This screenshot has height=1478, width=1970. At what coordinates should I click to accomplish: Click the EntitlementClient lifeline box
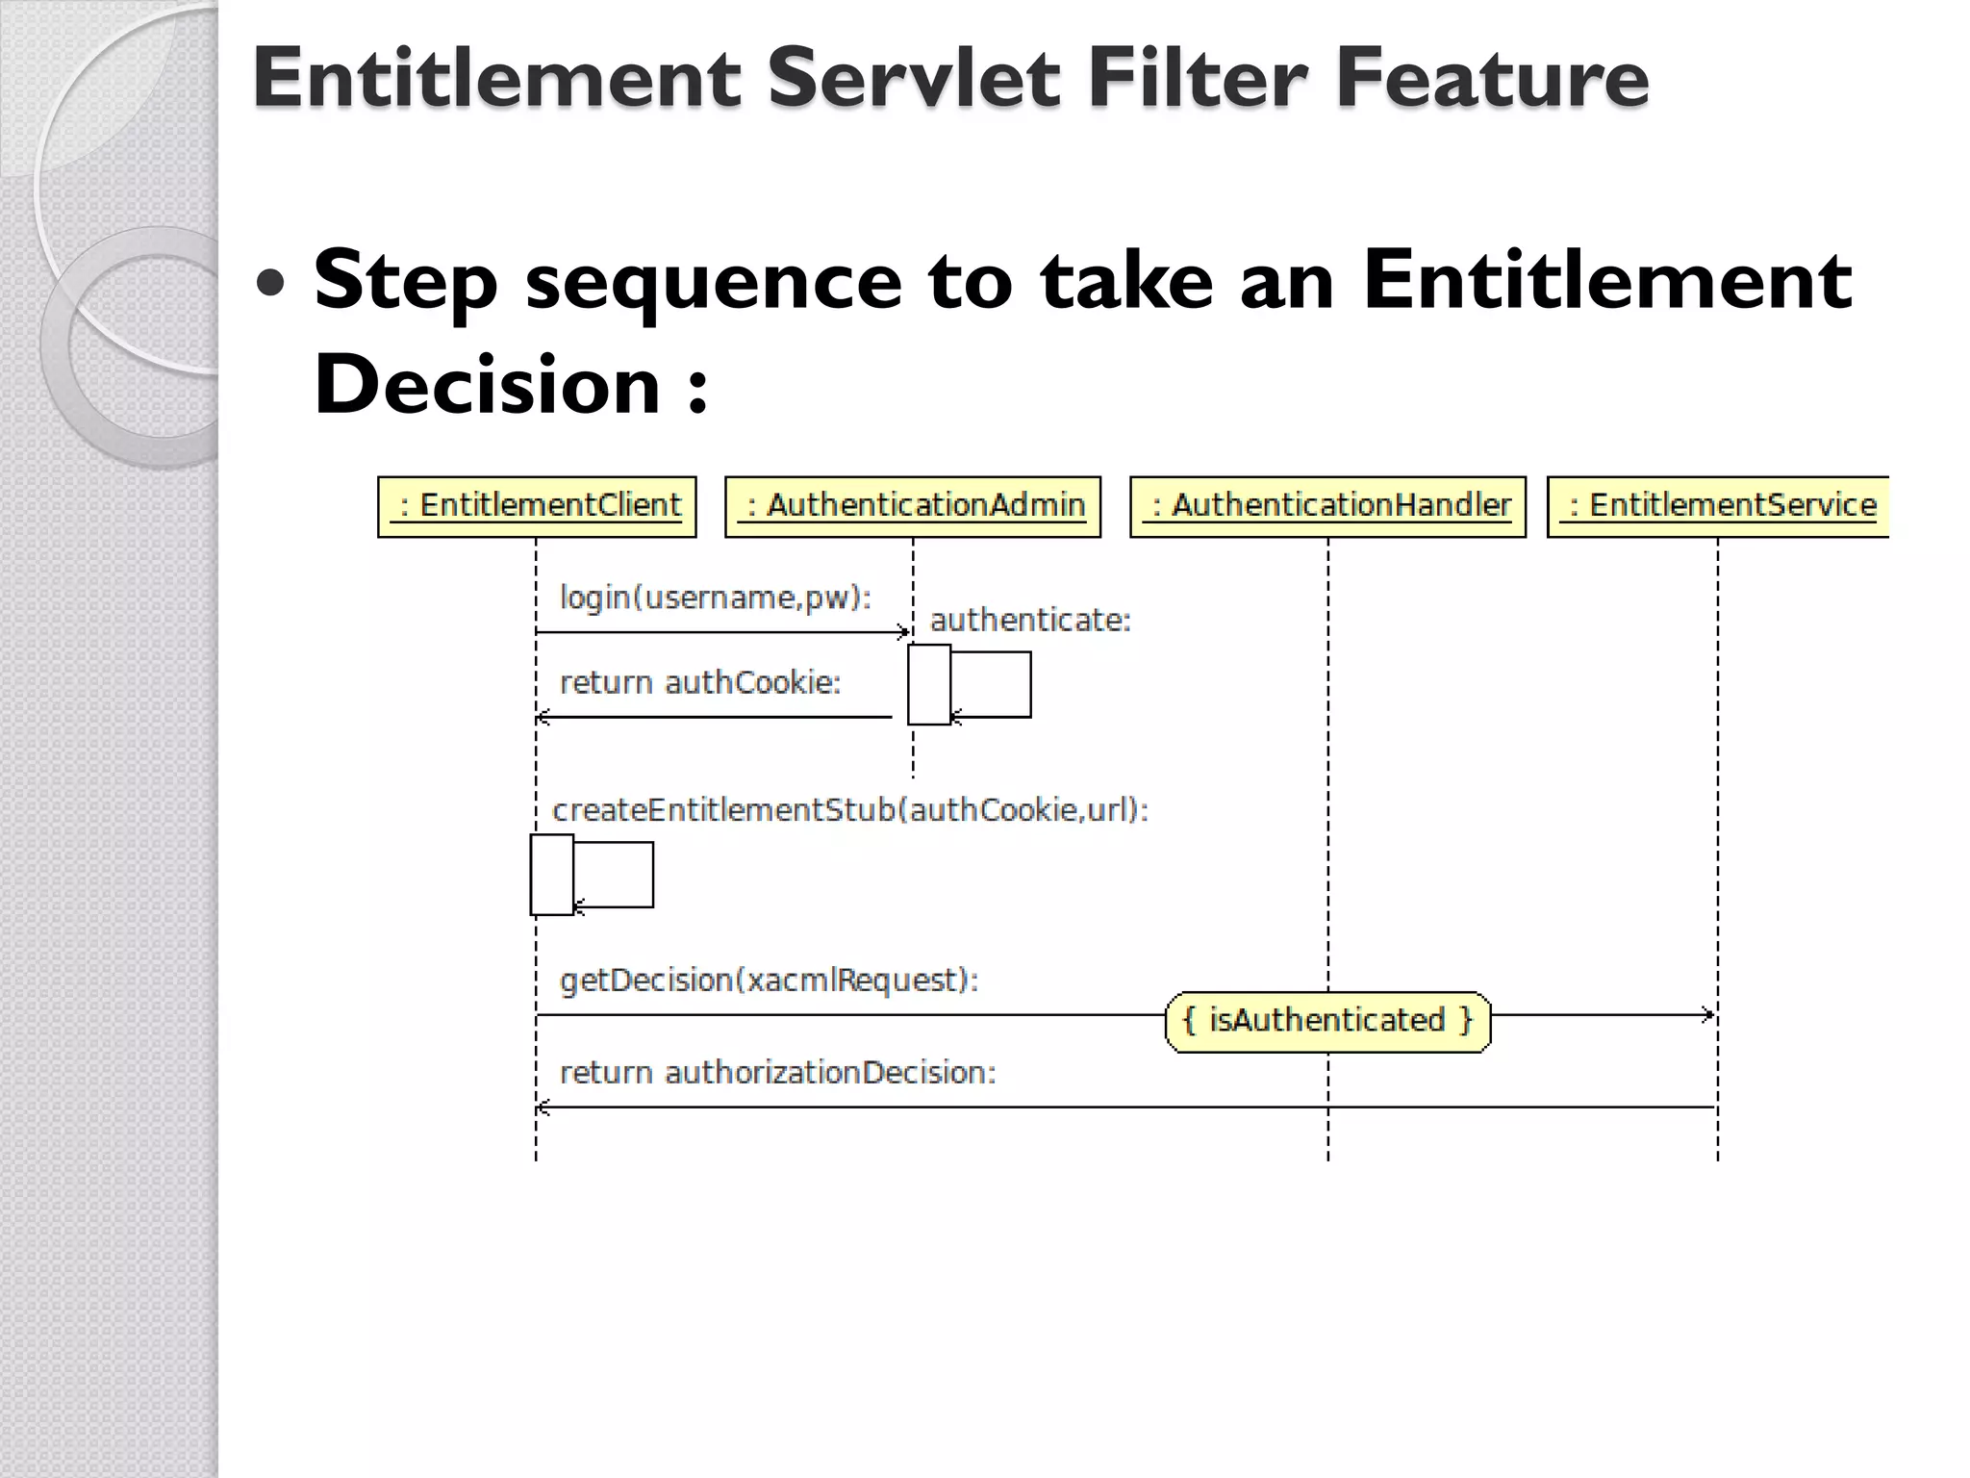coord(537,506)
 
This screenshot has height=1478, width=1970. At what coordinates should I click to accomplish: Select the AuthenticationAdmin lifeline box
coord(912,506)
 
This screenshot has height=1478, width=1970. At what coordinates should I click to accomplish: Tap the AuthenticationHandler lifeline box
coord(1327,506)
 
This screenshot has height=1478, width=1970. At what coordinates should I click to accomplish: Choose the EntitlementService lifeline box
coord(1718,506)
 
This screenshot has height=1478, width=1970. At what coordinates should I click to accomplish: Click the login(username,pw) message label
coord(715,598)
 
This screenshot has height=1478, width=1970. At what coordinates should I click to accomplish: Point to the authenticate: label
coord(1030,621)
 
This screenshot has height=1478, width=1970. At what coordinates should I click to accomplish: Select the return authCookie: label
coord(699,683)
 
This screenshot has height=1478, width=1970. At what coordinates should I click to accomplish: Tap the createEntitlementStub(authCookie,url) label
coord(850,810)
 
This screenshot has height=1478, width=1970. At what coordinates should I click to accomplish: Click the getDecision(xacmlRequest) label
coord(769,981)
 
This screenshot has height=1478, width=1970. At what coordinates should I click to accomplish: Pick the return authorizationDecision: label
coord(777,1073)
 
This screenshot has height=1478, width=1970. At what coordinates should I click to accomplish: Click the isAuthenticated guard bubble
coord(1327,1021)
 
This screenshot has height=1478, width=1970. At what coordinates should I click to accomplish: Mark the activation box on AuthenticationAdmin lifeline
coord(929,684)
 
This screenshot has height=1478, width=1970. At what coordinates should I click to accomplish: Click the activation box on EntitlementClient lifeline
coord(551,875)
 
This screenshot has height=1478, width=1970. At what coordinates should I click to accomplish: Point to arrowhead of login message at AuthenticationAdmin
coord(904,632)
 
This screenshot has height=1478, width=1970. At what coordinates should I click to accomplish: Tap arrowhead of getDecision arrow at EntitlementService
coord(1709,1014)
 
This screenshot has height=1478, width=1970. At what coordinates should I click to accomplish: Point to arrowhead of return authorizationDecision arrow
coord(543,1108)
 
